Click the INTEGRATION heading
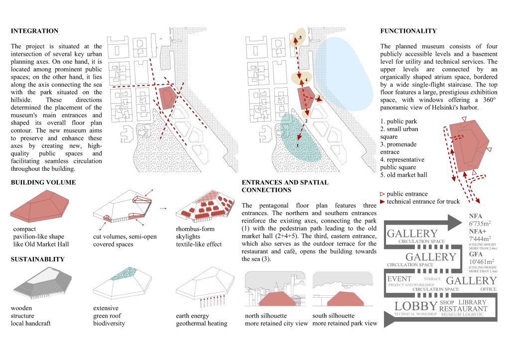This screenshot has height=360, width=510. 34,31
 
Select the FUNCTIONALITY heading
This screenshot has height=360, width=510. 408,31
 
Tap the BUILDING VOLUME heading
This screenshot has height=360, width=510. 43,182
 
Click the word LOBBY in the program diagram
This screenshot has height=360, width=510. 416,306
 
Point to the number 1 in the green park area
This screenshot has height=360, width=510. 297,145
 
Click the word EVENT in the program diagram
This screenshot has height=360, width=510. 399,279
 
